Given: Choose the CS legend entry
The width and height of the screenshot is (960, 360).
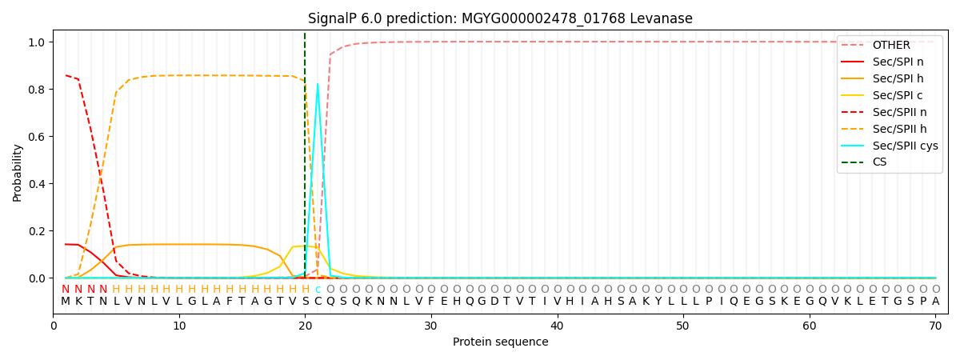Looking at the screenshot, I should click(880, 162).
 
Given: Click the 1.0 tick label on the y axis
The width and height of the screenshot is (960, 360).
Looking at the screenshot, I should click(37, 42).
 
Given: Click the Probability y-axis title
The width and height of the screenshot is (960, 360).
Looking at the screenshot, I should click(18, 172).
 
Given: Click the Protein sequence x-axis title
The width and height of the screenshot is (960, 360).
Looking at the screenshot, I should click(500, 342).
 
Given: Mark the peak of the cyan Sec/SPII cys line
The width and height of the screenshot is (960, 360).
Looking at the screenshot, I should click(318, 84).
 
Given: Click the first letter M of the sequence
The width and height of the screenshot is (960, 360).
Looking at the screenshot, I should click(66, 302).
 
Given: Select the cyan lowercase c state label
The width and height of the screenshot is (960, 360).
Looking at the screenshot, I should click(318, 290).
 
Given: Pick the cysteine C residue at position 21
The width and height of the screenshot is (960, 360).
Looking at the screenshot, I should click(318, 302).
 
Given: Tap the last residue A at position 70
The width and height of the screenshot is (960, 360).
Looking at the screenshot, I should click(935, 302).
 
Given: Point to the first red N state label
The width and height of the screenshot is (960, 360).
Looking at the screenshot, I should click(66, 290).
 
